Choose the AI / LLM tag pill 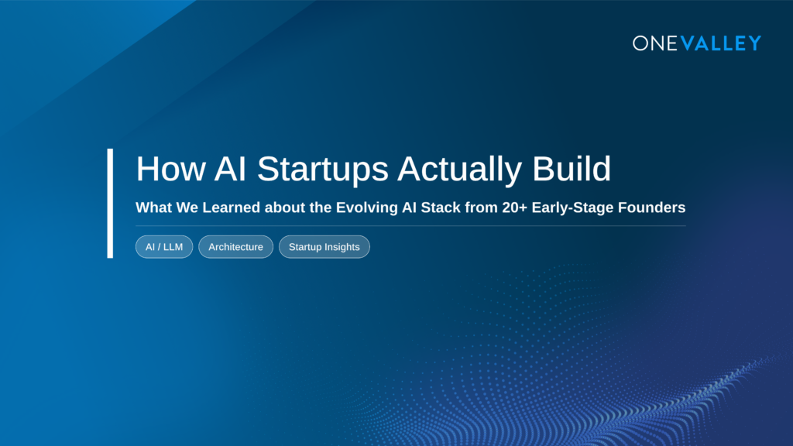(x=164, y=247)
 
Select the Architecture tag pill (x=235, y=247)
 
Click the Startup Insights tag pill (x=324, y=247)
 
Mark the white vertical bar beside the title (x=110, y=203)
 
